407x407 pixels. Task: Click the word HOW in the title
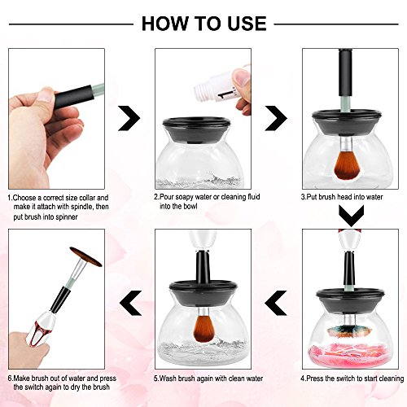[164, 24]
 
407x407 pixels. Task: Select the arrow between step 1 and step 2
[129, 118]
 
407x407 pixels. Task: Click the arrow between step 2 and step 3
[276, 118]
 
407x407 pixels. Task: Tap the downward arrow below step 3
[351, 216]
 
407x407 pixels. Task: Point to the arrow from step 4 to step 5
[276, 303]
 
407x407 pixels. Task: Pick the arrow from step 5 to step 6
[130, 303]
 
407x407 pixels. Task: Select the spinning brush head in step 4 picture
[349, 331]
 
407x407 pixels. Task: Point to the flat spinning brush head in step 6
[85, 256]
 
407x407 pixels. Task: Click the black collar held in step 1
[73, 97]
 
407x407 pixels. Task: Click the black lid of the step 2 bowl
[197, 129]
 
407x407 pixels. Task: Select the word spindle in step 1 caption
[81, 207]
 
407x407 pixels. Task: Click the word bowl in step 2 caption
[190, 206]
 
